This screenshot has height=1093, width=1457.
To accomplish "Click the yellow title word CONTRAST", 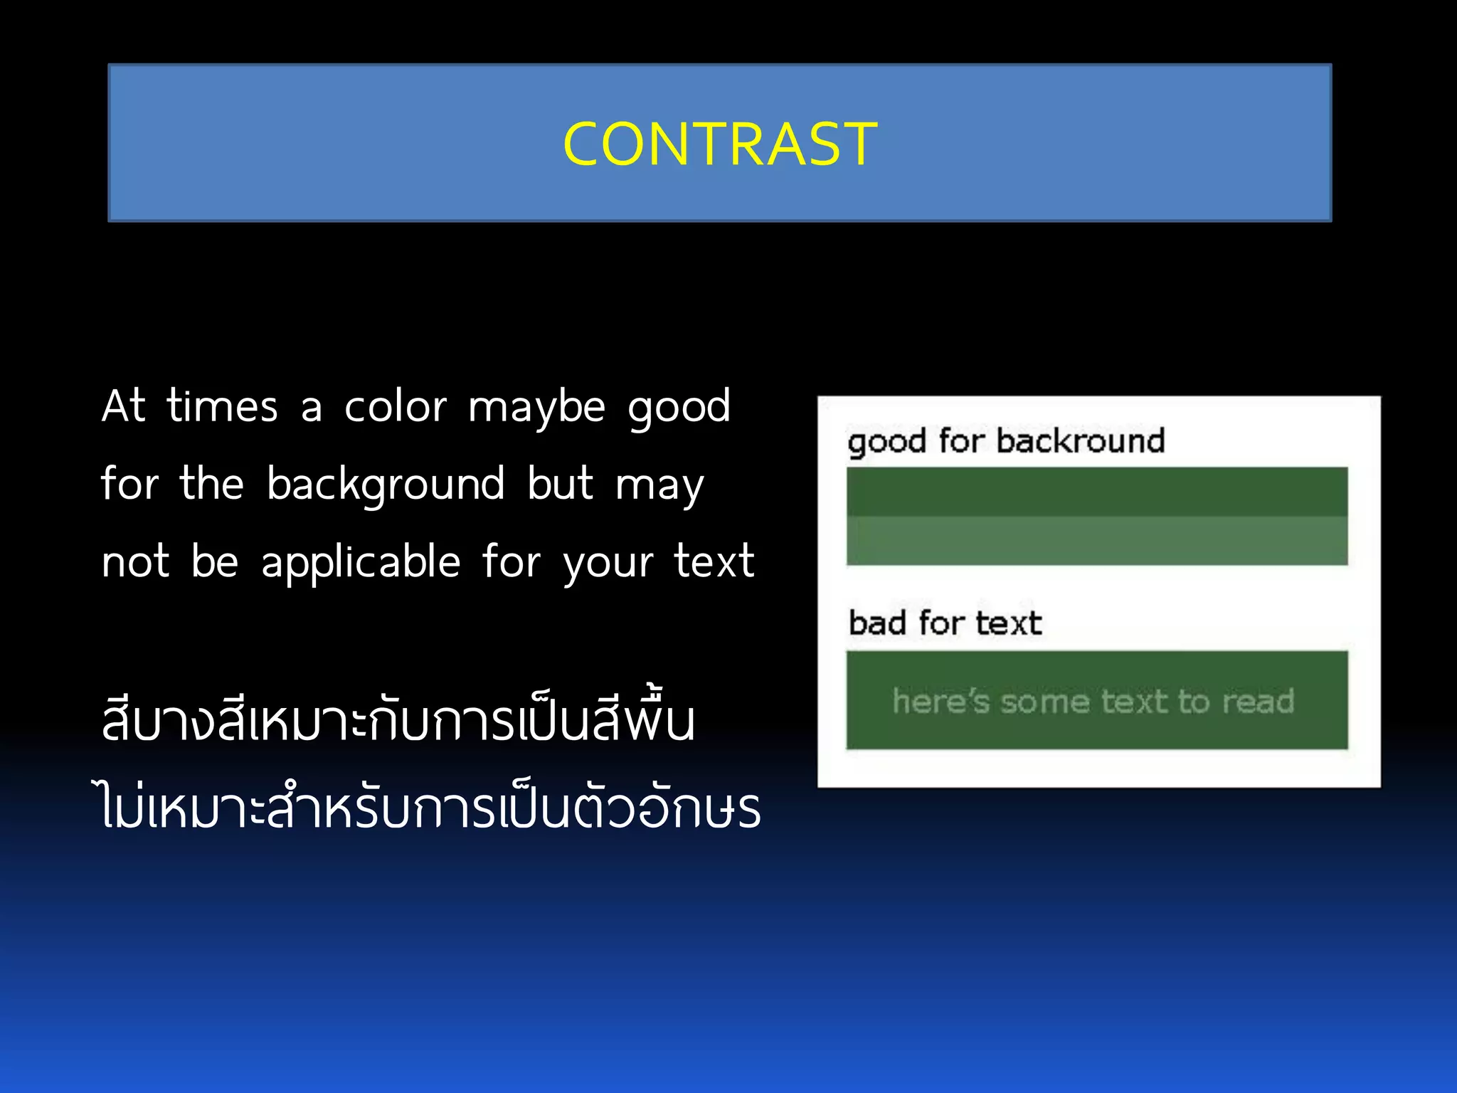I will [x=720, y=144].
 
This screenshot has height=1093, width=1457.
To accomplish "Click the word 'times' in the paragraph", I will [x=222, y=407].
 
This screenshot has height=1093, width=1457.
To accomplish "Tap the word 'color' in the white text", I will [x=396, y=407].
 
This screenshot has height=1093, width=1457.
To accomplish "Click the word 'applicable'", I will [x=361, y=562].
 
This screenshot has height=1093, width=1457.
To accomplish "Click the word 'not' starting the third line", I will [x=135, y=562].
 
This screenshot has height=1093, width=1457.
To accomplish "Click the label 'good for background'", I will [x=1006, y=441].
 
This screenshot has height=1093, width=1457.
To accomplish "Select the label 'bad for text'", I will [x=945, y=623].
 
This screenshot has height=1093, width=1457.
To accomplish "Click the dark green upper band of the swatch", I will [x=1096, y=492].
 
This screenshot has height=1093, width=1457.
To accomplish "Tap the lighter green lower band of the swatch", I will [x=1096, y=541].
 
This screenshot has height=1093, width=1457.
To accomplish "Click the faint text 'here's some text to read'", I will [x=1093, y=702].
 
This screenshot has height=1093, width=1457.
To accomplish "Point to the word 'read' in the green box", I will [x=1258, y=702].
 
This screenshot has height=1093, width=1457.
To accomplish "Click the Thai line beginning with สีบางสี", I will [x=398, y=720].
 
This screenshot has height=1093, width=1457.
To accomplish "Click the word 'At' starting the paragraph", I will [x=124, y=407].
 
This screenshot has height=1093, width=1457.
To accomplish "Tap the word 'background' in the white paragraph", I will [x=386, y=485].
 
